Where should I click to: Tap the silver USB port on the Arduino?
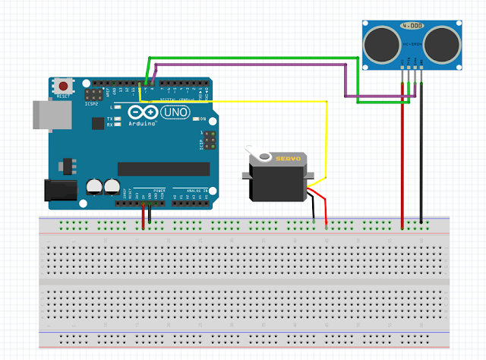[47, 113]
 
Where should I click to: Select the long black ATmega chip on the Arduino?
[163, 168]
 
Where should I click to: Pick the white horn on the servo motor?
[264, 156]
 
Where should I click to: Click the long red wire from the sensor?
[402, 167]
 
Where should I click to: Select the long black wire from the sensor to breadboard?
[421, 167]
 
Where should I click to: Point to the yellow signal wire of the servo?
[327, 144]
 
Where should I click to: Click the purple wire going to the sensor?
[251, 67]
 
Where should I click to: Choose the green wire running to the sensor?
[251, 58]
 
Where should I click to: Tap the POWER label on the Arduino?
[159, 191]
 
